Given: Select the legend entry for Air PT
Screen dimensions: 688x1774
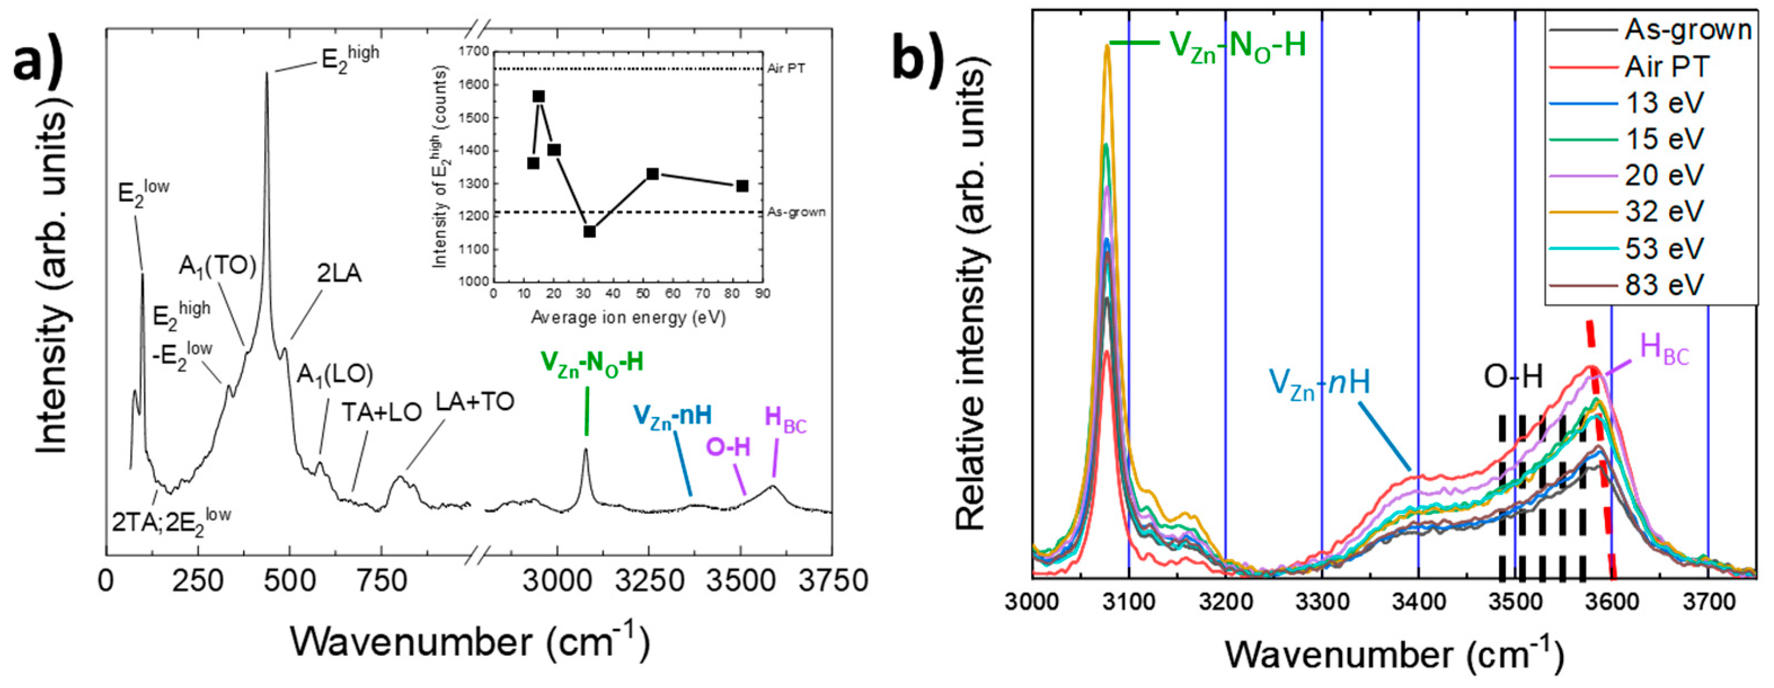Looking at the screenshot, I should [x=1666, y=67].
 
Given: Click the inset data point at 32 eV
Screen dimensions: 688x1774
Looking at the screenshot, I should [x=590, y=232].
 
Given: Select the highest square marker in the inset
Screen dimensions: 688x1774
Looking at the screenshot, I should [x=538, y=96].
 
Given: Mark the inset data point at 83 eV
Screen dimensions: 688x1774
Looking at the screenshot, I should [x=742, y=186].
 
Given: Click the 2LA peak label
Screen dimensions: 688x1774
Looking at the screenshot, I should [x=339, y=274].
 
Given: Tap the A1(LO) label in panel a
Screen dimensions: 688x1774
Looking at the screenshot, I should [x=335, y=375].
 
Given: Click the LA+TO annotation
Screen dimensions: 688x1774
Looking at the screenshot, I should [x=475, y=402].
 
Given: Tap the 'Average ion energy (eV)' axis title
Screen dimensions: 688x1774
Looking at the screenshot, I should [x=628, y=317].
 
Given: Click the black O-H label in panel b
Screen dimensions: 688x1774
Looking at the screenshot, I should [x=1512, y=378].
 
